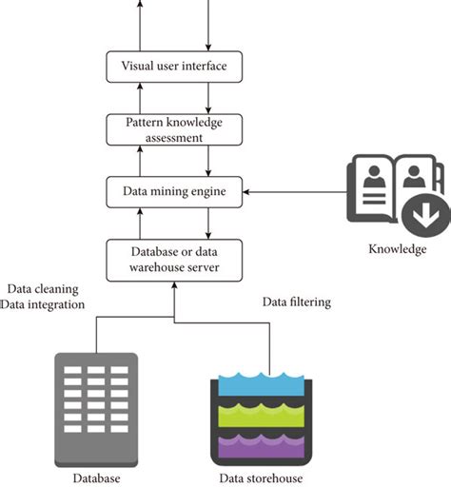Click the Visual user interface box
tap(173, 67)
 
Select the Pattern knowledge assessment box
tap(173, 129)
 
